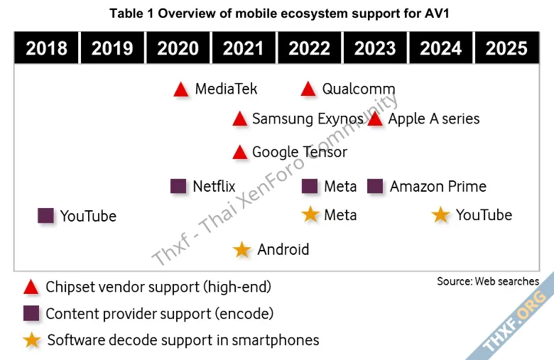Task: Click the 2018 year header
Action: (46, 48)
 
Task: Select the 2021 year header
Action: (243, 48)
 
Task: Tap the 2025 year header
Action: (506, 48)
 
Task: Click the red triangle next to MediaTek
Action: (181, 89)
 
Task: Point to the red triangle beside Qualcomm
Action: (308, 89)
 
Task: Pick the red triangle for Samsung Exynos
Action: (240, 119)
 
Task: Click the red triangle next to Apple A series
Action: (376, 119)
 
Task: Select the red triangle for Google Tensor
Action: (240, 152)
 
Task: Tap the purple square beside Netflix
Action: (179, 186)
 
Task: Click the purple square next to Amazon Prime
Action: (376, 186)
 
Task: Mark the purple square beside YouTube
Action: (46, 215)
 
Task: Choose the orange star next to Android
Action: (242, 249)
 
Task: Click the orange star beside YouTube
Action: (441, 214)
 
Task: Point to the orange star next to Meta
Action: (310, 214)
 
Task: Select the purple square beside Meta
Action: (310, 186)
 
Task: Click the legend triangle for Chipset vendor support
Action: (31, 288)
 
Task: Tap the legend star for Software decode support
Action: (31, 340)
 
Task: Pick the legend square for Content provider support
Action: (31, 313)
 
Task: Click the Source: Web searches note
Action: (488, 281)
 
